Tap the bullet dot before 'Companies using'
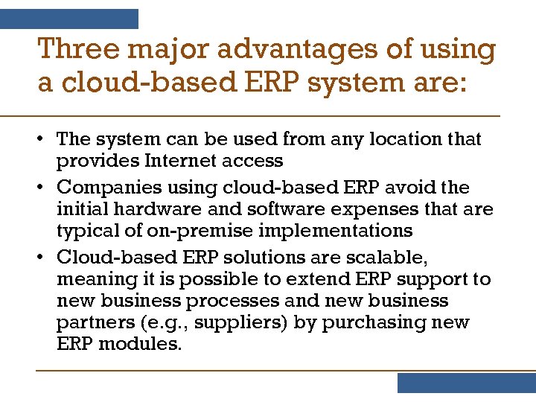coord(44,188)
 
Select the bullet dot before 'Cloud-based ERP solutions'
coord(44,258)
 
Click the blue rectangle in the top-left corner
coord(69,19)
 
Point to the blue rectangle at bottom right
coord(466,383)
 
